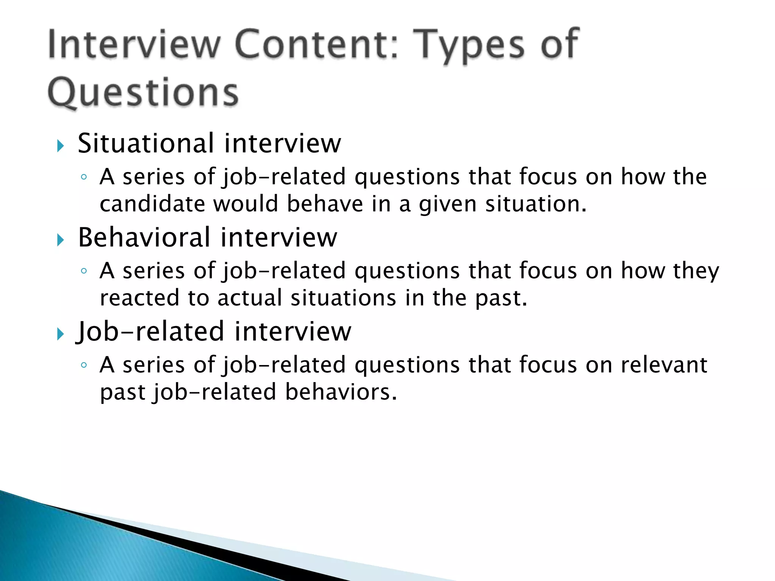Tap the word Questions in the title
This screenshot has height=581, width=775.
143,93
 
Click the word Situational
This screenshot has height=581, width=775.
146,143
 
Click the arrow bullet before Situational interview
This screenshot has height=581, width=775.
61,146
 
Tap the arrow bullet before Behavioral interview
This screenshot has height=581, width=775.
61,240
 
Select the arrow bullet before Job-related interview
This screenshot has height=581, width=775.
61,334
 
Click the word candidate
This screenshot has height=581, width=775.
152,204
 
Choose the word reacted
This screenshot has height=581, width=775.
140,298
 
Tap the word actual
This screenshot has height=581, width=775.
250,298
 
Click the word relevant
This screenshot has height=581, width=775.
664,365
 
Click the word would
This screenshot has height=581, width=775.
246,204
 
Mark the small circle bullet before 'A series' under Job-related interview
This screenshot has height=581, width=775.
84,365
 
